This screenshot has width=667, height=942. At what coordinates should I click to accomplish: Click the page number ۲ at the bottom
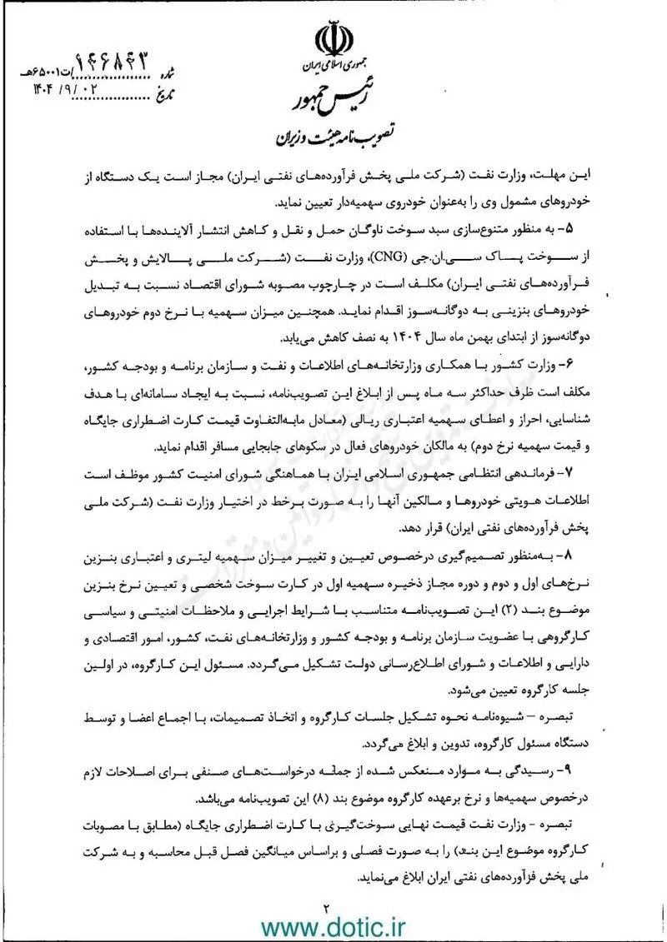[x=328, y=906]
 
